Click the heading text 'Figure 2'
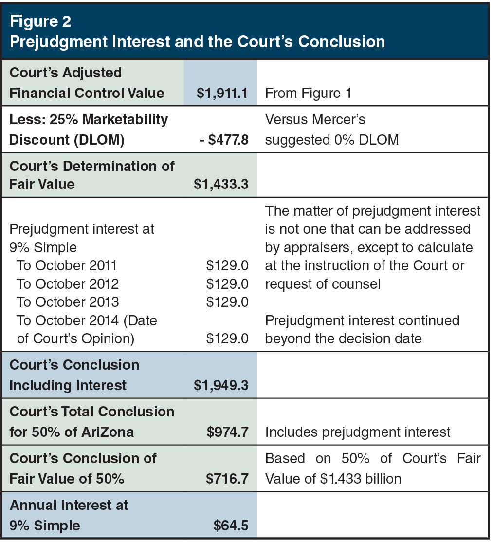(x=40, y=21)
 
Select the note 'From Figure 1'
(x=308, y=93)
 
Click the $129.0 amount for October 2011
(x=227, y=266)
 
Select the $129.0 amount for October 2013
(x=227, y=302)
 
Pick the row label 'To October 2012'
(x=68, y=284)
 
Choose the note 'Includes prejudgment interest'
(x=358, y=432)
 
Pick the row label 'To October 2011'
(x=67, y=266)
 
